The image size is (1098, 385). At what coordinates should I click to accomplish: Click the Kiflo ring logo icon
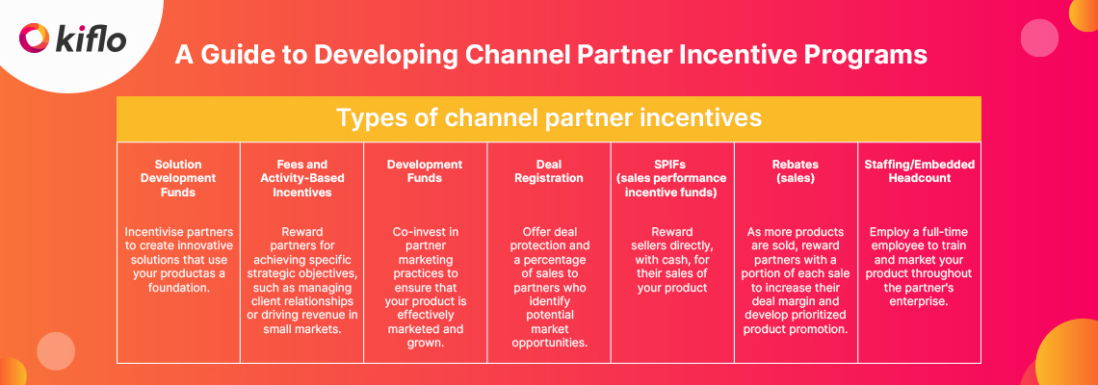click(x=34, y=39)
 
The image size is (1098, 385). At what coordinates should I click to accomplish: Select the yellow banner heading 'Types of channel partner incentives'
click(x=548, y=118)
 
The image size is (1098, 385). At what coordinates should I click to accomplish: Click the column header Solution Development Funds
click(x=178, y=178)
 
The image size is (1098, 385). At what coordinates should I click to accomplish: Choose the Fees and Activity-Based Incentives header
click(x=301, y=178)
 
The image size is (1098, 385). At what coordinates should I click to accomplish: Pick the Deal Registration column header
click(x=548, y=171)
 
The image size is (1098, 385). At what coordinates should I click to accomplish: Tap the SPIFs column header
click(x=671, y=178)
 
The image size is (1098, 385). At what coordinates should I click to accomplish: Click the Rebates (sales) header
click(x=795, y=171)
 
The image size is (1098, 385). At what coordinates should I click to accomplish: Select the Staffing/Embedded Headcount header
click(x=918, y=171)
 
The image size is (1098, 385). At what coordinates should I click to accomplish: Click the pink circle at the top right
click(x=1039, y=38)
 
